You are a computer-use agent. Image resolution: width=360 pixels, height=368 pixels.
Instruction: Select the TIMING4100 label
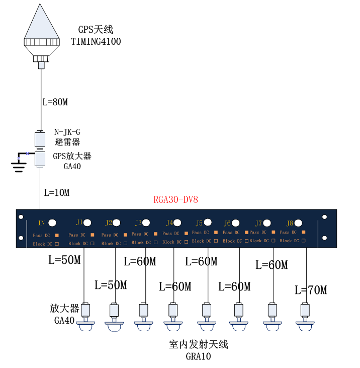pyautogui.click(x=96, y=41)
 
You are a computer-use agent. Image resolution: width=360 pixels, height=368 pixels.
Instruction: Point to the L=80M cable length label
pyautogui.click(x=55, y=102)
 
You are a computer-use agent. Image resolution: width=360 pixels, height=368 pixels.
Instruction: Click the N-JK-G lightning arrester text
pyautogui.click(x=67, y=132)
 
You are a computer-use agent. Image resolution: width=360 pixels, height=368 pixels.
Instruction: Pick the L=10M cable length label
pyautogui.click(x=57, y=192)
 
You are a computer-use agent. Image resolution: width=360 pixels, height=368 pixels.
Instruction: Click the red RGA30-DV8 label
pyautogui.click(x=175, y=199)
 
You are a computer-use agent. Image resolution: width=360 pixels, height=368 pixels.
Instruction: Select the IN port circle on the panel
pyautogui.click(x=52, y=223)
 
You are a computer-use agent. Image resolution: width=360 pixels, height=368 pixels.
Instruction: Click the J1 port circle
pyautogui.click(x=87, y=222)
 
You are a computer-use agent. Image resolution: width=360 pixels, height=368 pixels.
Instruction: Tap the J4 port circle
pyautogui.click(x=177, y=222)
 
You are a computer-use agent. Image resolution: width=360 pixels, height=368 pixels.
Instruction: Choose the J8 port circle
pyautogui.click(x=299, y=222)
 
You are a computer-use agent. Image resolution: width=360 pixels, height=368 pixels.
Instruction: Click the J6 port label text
pyautogui.click(x=227, y=223)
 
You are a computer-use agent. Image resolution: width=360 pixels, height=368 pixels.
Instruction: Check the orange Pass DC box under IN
pyautogui.click(x=57, y=235)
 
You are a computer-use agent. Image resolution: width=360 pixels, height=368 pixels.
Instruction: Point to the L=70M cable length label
pyautogui.click(x=311, y=290)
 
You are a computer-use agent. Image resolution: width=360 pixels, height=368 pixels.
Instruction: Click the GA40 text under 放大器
pyautogui.click(x=64, y=320)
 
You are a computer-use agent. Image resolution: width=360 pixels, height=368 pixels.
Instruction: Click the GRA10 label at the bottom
pyautogui.click(x=198, y=357)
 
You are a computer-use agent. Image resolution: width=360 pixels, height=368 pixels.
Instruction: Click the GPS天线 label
pyautogui.click(x=96, y=30)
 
